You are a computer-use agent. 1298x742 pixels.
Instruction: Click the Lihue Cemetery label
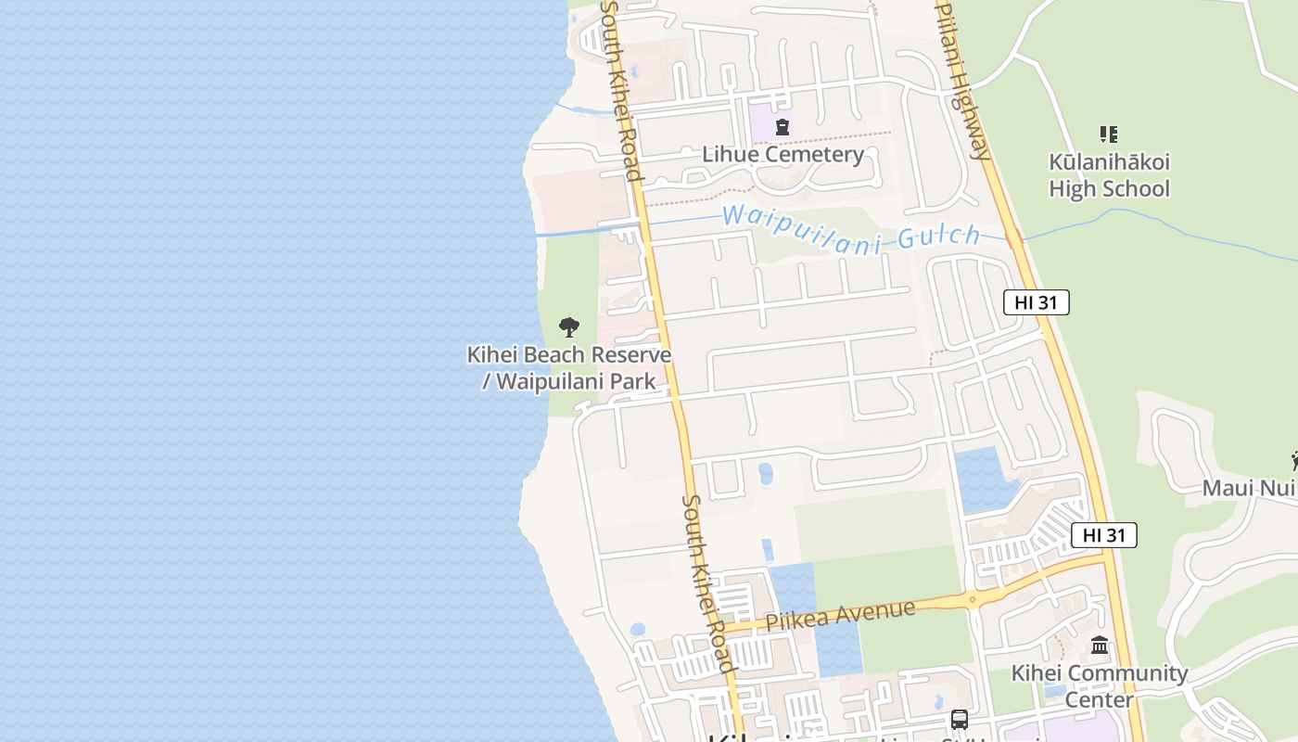(x=783, y=154)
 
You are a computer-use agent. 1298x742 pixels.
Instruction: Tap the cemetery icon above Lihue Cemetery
(x=783, y=127)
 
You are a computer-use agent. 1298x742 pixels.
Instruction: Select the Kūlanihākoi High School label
(x=1109, y=175)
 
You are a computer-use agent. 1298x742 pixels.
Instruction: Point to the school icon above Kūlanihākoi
(x=1108, y=134)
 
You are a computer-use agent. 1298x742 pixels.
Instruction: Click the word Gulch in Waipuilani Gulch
(x=938, y=236)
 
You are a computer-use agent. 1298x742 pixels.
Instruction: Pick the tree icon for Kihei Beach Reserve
(x=569, y=326)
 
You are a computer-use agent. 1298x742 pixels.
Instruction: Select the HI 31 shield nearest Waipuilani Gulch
(x=1036, y=301)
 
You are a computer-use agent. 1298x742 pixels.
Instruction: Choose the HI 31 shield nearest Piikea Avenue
(x=1103, y=535)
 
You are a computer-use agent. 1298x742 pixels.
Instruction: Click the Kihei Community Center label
(x=1100, y=685)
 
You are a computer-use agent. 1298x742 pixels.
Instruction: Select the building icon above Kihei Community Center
(x=1100, y=645)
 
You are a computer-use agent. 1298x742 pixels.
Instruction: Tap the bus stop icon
(x=959, y=720)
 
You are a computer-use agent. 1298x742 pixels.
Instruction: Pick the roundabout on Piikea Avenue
(x=972, y=600)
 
